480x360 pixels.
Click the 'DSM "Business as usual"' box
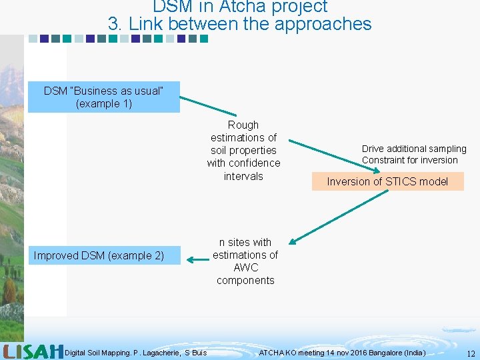pos(103,97)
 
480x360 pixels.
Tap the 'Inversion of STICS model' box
pos(387,181)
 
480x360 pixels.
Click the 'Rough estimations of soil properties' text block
pos(243,151)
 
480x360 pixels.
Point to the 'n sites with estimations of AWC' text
pos(245,261)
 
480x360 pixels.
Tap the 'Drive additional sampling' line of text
pos(414,149)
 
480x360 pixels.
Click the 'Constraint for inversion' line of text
pos(410,160)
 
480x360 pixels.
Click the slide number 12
pos(471,353)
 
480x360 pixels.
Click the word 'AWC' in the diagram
pos(245,267)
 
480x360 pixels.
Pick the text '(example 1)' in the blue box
pos(104,103)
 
